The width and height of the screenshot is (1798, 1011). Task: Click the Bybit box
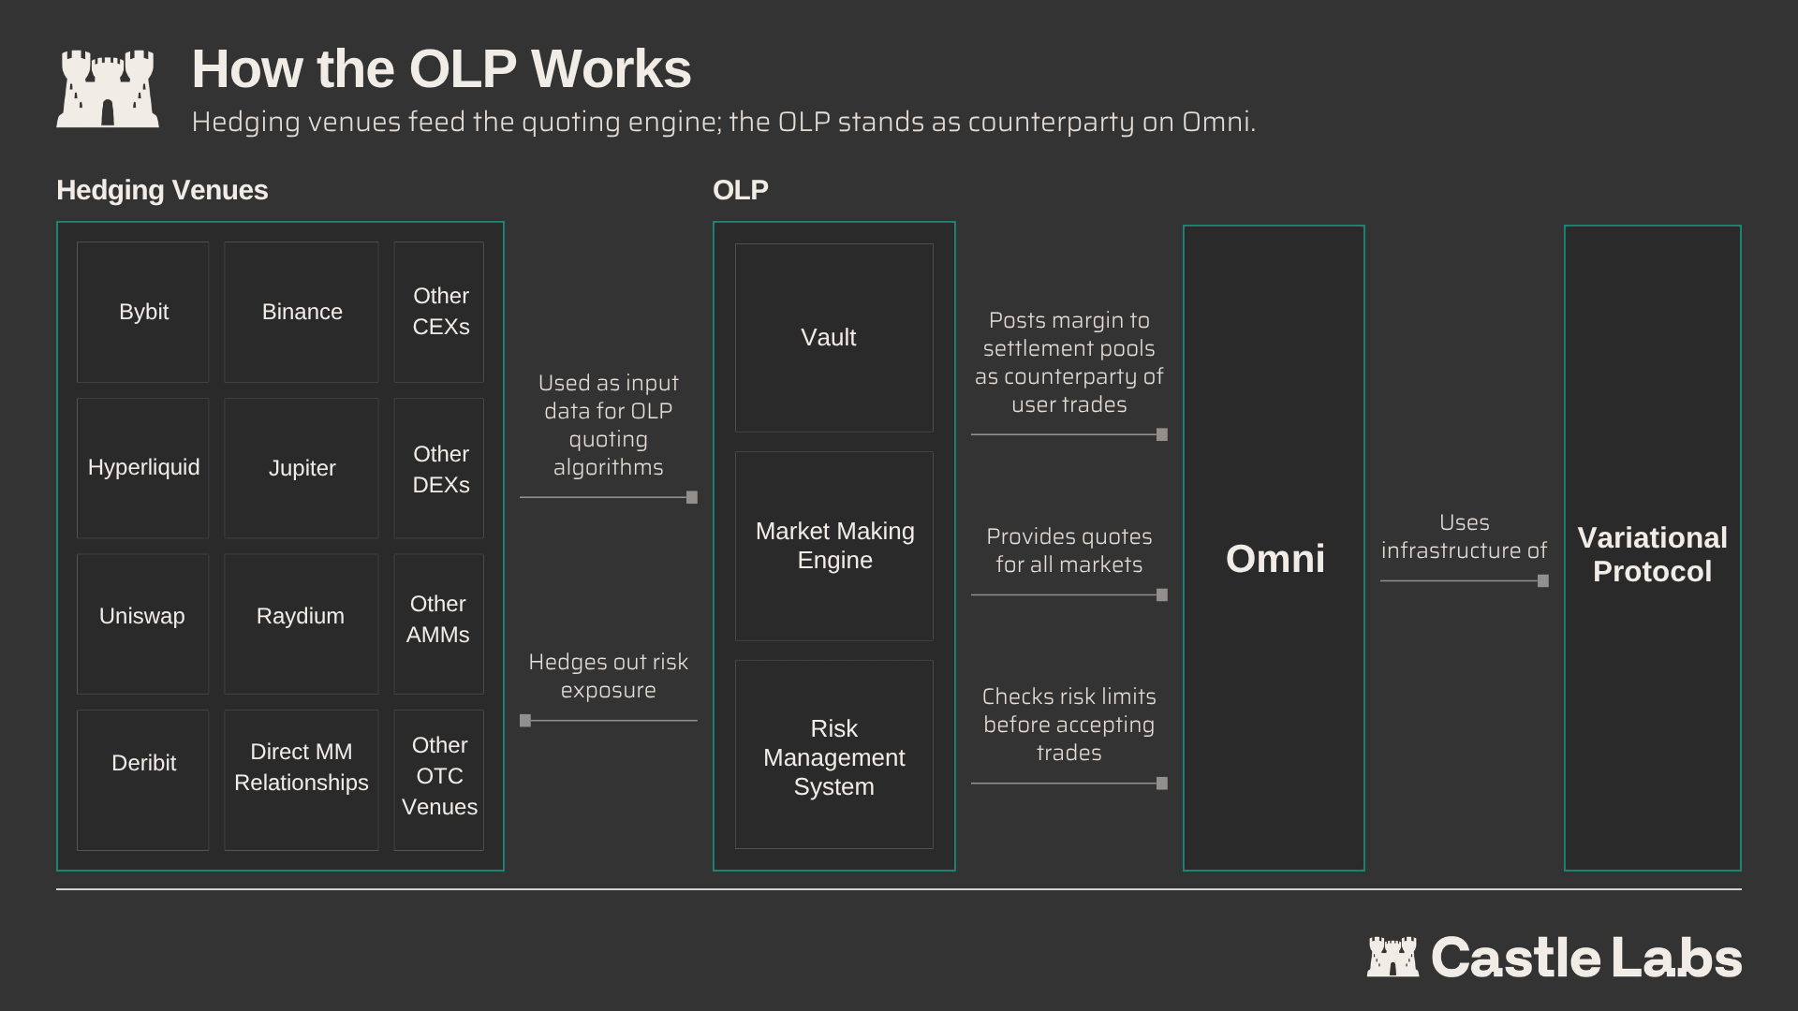click(x=143, y=312)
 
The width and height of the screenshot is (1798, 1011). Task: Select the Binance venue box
click(x=302, y=312)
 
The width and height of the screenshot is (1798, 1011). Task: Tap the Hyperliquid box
click(x=143, y=468)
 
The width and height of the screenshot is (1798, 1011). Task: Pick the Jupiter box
click(x=302, y=468)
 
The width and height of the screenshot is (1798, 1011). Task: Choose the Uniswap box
click(x=143, y=623)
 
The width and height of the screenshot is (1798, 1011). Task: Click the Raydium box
click(x=302, y=623)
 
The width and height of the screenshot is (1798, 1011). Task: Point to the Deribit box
click(x=143, y=780)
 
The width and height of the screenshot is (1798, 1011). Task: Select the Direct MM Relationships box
click(x=302, y=780)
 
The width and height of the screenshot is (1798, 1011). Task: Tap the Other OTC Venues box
click(x=439, y=780)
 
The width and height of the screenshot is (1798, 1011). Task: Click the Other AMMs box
click(x=439, y=623)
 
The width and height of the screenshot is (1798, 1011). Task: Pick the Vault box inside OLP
click(x=834, y=338)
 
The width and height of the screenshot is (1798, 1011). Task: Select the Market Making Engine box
click(x=834, y=546)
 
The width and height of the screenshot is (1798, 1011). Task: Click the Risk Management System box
click(x=834, y=755)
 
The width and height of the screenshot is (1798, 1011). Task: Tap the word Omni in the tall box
click(x=1275, y=559)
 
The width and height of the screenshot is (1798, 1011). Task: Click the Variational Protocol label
click(x=1652, y=554)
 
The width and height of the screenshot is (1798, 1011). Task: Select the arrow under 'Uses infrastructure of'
click(x=1465, y=581)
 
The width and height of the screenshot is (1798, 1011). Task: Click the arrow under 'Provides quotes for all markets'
click(x=1069, y=595)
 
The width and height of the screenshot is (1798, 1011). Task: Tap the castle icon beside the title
click(x=108, y=88)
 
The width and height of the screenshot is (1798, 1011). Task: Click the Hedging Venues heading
click(x=162, y=190)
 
